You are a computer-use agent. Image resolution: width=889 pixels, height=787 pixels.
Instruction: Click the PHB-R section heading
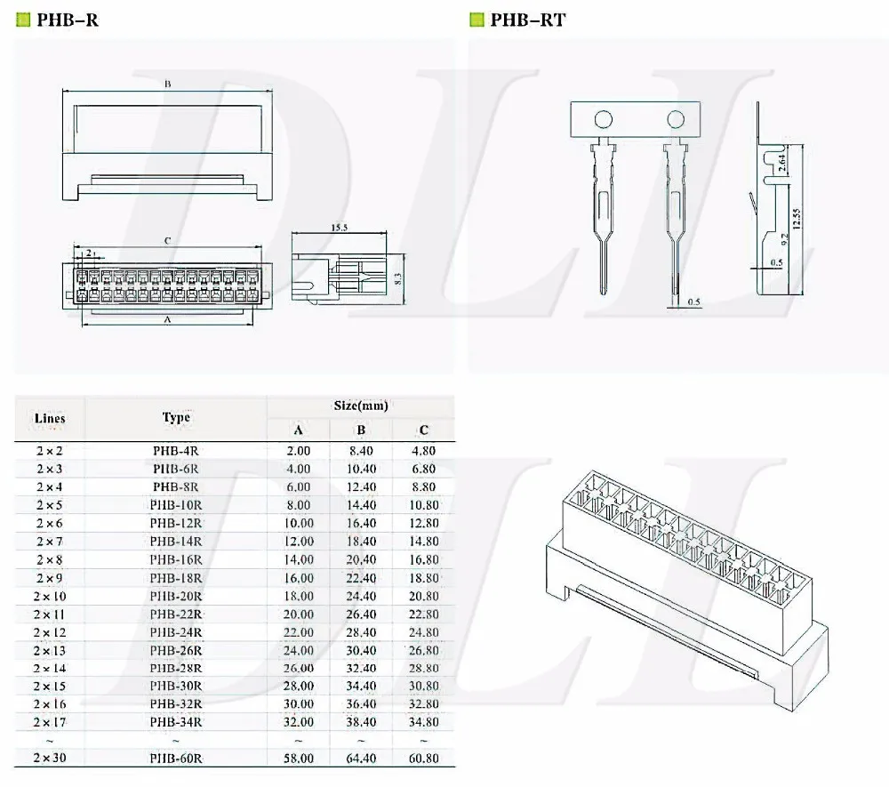[x=67, y=20]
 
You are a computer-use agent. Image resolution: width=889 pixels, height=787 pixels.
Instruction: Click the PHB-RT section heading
[x=527, y=20]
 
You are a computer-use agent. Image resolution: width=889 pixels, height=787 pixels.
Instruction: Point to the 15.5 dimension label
[x=339, y=229]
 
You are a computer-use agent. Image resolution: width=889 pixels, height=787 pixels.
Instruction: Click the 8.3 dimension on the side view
[x=398, y=278]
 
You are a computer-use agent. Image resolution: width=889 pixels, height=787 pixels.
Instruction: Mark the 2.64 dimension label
[x=781, y=162]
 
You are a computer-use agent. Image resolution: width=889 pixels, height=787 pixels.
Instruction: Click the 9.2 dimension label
[x=781, y=237]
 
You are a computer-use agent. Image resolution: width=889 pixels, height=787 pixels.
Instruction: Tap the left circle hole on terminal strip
[x=604, y=119]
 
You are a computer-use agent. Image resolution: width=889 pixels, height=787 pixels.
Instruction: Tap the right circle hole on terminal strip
[x=676, y=118]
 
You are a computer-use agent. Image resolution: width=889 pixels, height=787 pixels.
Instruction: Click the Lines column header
[x=50, y=418]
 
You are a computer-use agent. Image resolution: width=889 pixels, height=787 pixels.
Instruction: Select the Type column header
[x=176, y=417]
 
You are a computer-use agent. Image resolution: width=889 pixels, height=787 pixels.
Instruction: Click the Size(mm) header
[x=360, y=406]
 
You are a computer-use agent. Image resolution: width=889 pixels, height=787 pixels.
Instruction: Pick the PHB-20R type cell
[x=175, y=596]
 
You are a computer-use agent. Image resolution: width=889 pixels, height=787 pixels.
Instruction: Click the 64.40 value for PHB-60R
[x=360, y=759]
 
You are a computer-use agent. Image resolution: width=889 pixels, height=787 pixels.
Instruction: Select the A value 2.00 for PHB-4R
[x=298, y=450]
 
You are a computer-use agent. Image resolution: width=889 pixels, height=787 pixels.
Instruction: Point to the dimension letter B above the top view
[x=167, y=84]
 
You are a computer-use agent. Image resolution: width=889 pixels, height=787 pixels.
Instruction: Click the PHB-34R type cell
[x=175, y=722]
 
